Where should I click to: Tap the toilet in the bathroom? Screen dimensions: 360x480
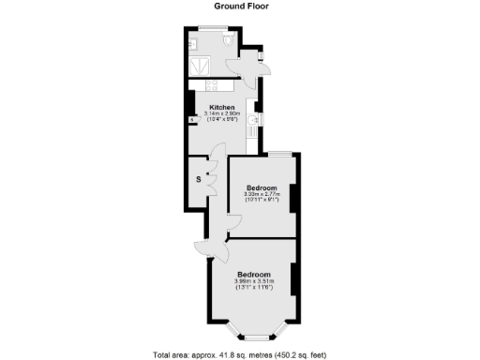tap(229, 41)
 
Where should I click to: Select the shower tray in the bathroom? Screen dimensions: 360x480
tap(199, 67)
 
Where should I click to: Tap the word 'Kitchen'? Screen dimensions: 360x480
tap(221, 107)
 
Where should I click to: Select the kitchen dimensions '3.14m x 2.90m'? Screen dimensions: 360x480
tap(221, 113)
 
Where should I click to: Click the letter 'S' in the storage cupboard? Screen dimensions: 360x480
tap(198, 179)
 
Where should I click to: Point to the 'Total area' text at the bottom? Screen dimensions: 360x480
tap(240, 354)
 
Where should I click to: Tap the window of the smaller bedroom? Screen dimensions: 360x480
tap(280, 153)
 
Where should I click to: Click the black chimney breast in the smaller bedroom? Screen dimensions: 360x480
tap(294, 199)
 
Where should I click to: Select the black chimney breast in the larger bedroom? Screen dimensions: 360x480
tap(294, 278)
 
